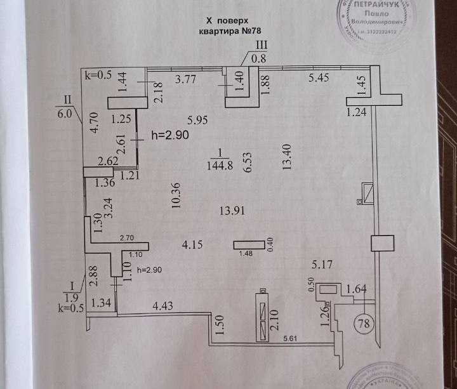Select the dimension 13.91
click(x=230, y=211)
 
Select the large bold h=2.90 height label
click(x=170, y=135)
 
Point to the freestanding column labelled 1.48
click(x=251, y=244)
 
